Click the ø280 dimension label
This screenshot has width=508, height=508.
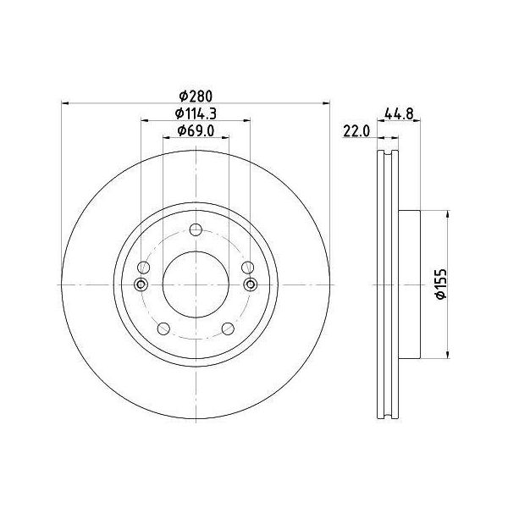[x=196, y=97]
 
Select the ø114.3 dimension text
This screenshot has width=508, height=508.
[x=196, y=113]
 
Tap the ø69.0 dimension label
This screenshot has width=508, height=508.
[x=196, y=130]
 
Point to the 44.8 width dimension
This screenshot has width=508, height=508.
[x=399, y=113]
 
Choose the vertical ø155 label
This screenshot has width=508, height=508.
[x=441, y=284]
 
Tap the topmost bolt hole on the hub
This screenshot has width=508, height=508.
[x=196, y=230]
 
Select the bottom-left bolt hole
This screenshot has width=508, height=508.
[x=163, y=329]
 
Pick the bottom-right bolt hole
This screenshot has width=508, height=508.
[x=228, y=329]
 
